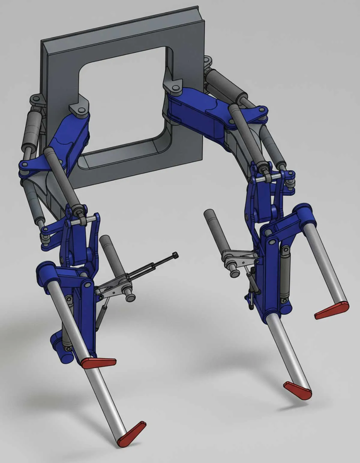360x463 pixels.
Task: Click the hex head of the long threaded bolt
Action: [175, 255]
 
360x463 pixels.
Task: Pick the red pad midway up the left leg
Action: [99, 362]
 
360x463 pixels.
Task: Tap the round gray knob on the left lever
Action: [130, 297]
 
